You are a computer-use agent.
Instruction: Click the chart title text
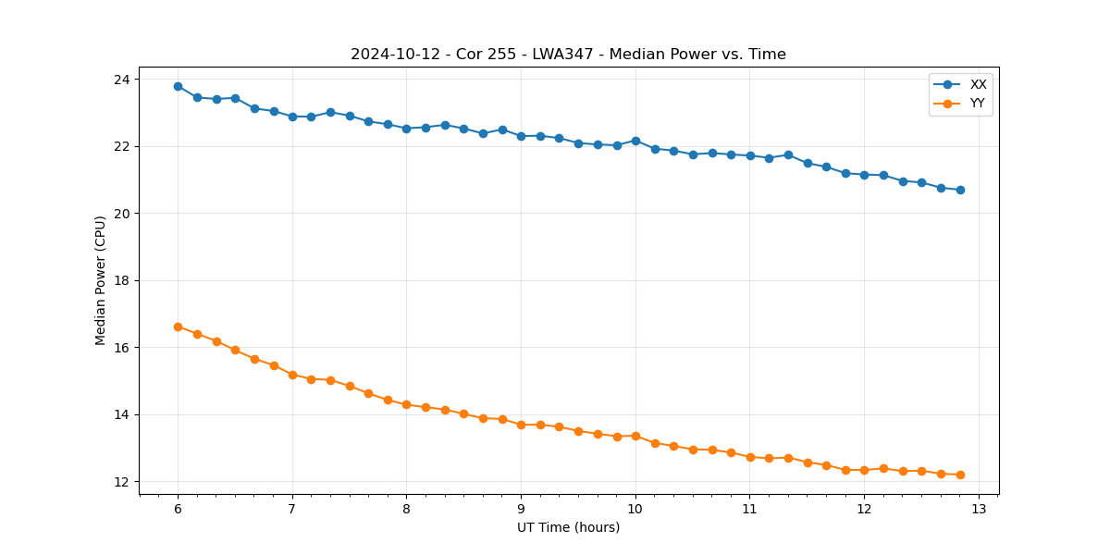pos(568,55)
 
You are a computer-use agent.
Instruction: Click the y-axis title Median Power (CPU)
pos(101,280)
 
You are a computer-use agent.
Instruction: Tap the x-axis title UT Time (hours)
pos(568,528)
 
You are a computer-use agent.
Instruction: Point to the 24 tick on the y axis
pos(122,80)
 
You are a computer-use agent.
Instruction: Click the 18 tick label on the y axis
pos(122,280)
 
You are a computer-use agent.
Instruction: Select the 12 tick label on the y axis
pos(122,482)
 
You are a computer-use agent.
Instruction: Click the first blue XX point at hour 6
pos(178,86)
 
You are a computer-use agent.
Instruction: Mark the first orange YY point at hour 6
pos(178,327)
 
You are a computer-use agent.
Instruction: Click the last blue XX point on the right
pos(960,190)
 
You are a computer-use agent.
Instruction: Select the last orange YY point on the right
pos(960,475)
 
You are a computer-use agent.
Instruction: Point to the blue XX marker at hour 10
pos(635,141)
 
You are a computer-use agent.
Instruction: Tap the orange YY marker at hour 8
pos(406,404)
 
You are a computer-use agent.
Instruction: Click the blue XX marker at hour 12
pos(864,175)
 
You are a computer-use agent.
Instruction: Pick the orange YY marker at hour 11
pos(750,457)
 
